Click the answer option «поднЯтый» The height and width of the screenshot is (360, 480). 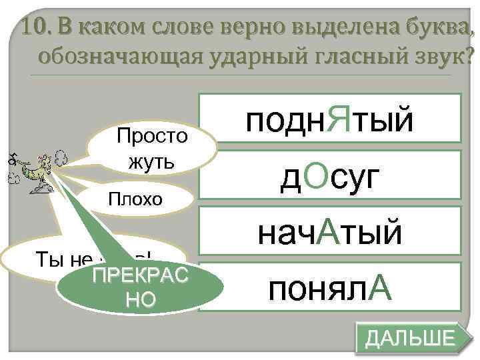coord(329,119)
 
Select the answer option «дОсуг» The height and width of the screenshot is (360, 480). coord(329,177)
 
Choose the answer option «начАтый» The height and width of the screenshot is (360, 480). coord(329,233)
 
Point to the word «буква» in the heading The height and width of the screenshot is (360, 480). coord(434,29)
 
